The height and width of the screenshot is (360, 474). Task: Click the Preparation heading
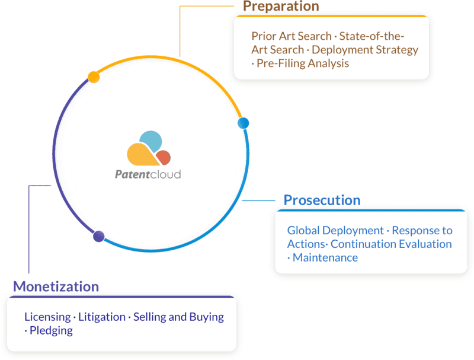pyautogui.click(x=281, y=6)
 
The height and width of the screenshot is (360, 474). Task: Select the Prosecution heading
pyautogui.click(x=322, y=200)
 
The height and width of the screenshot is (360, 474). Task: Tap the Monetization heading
pyautogui.click(x=56, y=286)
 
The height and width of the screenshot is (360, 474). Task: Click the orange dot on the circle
pyautogui.click(x=94, y=77)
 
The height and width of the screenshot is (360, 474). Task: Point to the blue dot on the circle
pyautogui.click(x=244, y=123)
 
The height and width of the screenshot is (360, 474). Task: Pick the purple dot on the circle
pyautogui.click(x=99, y=236)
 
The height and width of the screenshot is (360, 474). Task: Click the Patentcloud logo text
pyautogui.click(x=148, y=174)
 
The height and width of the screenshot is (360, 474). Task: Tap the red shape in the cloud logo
pyautogui.click(x=164, y=158)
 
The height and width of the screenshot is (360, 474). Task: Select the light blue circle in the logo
pyautogui.click(x=151, y=141)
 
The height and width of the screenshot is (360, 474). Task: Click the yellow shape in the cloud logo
pyautogui.click(x=142, y=155)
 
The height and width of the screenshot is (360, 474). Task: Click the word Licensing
pyautogui.click(x=47, y=317)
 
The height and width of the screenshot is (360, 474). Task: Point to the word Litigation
pyautogui.click(x=102, y=317)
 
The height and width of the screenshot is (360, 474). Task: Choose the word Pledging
pyautogui.click(x=51, y=330)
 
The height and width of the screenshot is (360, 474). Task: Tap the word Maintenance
pyautogui.click(x=325, y=257)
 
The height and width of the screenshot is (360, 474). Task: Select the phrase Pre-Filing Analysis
pyautogui.click(x=303, y=63)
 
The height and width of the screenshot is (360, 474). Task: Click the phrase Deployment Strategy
pyautogui.click(x=365, y=50)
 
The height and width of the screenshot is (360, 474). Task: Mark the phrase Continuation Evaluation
pyautogui.click(x=391, y=244)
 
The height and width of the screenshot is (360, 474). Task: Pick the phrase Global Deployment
pyautogui.click(x=335, y=231)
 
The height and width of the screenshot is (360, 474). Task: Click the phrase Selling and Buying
pyautogui.click(x=179, y=317)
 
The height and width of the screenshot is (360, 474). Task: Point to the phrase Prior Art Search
pyautogui.click(x=292, y=36)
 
